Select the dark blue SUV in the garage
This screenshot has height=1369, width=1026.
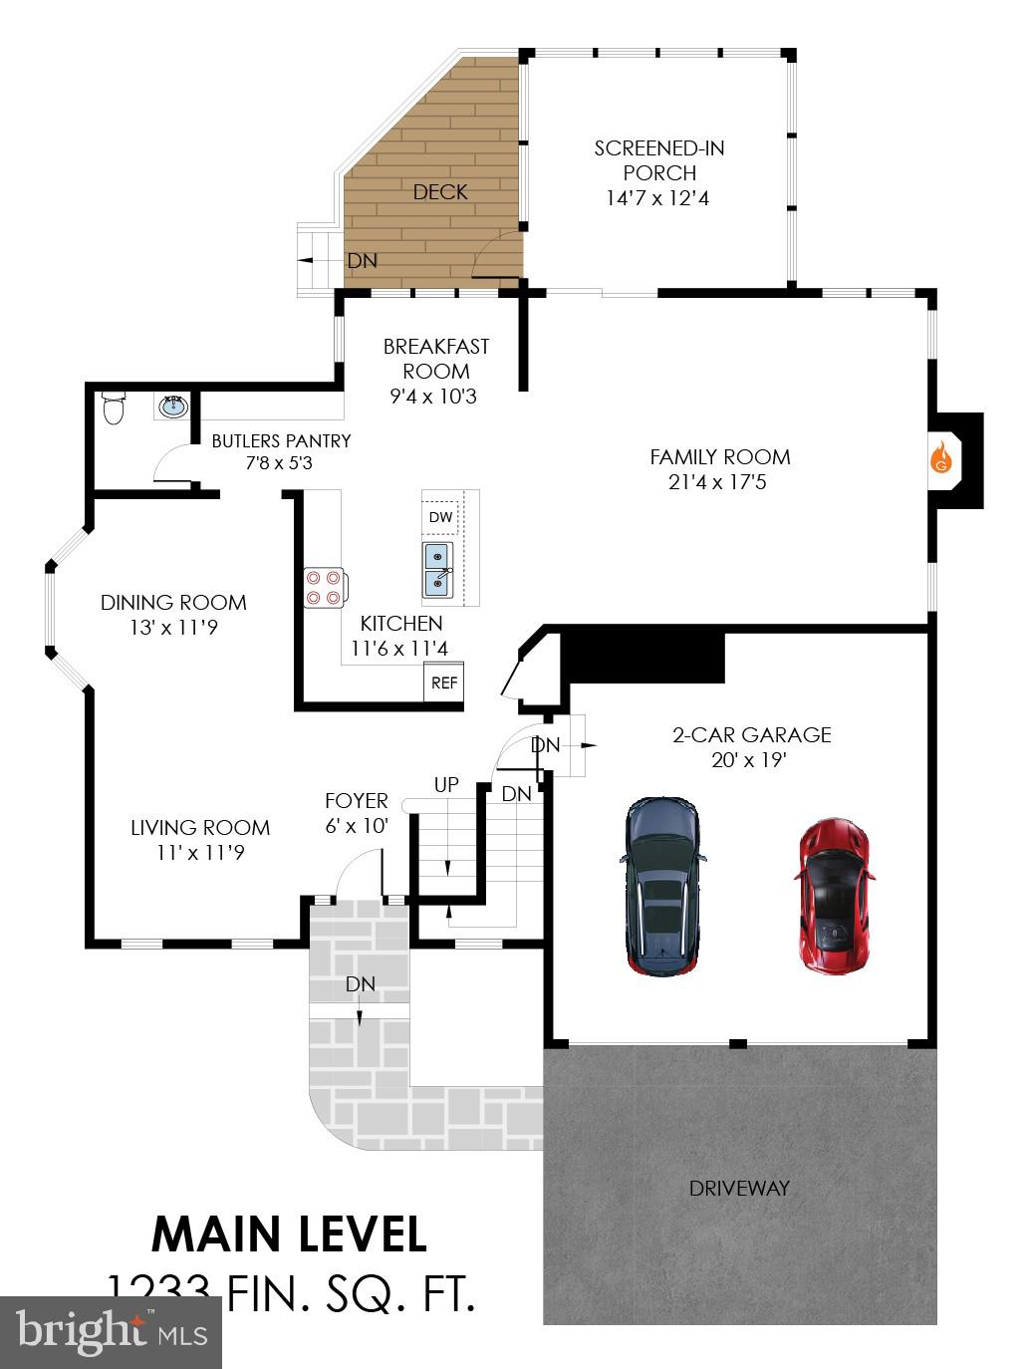[663, 884]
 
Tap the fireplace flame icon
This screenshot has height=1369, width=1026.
[941, 458]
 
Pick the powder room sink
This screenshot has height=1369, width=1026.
[174, 407]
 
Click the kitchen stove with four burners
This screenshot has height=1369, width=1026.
[324, 588]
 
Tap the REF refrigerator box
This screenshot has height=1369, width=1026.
[444, 683]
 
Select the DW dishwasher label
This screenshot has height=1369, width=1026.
[440, 517]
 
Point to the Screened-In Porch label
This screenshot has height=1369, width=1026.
[658, 160]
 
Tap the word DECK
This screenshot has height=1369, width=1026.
[440, 191]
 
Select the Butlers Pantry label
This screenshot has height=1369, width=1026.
[281, 440]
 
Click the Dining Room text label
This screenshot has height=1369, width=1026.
[173, 602]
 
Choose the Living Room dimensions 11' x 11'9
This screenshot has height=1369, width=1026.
[201, 853]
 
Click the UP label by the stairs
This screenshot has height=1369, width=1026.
[446, 785]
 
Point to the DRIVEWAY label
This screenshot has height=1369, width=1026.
[739, 1188]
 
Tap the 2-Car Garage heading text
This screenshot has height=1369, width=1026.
[751, 735]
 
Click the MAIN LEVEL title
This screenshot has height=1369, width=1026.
[289, 1234]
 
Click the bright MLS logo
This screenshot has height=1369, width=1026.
[112, 1332]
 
